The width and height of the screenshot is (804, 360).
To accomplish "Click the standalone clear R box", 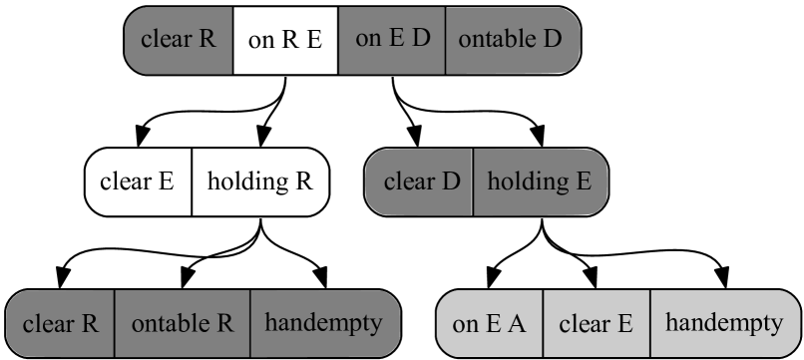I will pyautogui.click(x=179, y=41).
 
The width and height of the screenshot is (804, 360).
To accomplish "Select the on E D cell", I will pyautogui.click(x=392, y=41).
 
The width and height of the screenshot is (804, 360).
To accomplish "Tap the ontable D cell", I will pyautogui.click(x=511, y=41).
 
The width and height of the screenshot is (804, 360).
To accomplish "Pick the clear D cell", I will pyautogui.click(x=420, y=182).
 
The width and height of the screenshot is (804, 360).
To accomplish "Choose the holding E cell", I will pyautogui.click(x=539, y=182).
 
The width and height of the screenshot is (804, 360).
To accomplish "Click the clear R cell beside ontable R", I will pyautogui.click(x=61, y=324).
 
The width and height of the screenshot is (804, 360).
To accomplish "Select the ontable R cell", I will pyautogui.click(x=183, y=324).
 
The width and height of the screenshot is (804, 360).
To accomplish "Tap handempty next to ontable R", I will pyautogui.click(x=323, y=324).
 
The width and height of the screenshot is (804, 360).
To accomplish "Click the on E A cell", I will pyautogui.click(x=490, y=324).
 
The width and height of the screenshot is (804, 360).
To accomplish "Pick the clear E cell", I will pyautogui.click(x=597, y=324).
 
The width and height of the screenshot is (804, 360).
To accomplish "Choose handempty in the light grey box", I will pyautogui.click(x=723, y=324).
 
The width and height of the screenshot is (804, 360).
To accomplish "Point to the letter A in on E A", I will pyautogui.click(x=519, y=325).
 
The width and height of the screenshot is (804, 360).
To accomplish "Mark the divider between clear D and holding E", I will pyautogui.click(x=473, y=182).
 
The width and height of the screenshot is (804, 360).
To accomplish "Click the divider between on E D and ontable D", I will pyautogui.click(x=445, y=41).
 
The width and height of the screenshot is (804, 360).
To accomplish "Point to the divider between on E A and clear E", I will pyautogui.click(x=544, y=324).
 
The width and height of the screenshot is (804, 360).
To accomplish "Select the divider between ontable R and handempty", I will pyautogui.click(x=250, y=324).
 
